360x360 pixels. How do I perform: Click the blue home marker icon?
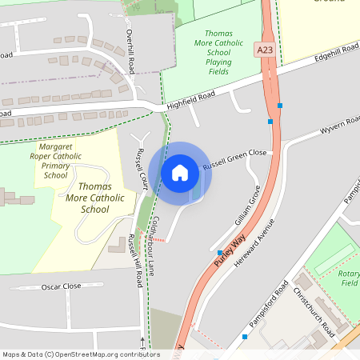tap(180, 173)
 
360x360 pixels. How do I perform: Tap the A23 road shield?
tap(265, 50)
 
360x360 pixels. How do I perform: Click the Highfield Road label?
tap(191, 101)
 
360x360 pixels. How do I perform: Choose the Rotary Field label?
tap(349, 278)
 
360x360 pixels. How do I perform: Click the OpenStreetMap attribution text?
tap(81, 354)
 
